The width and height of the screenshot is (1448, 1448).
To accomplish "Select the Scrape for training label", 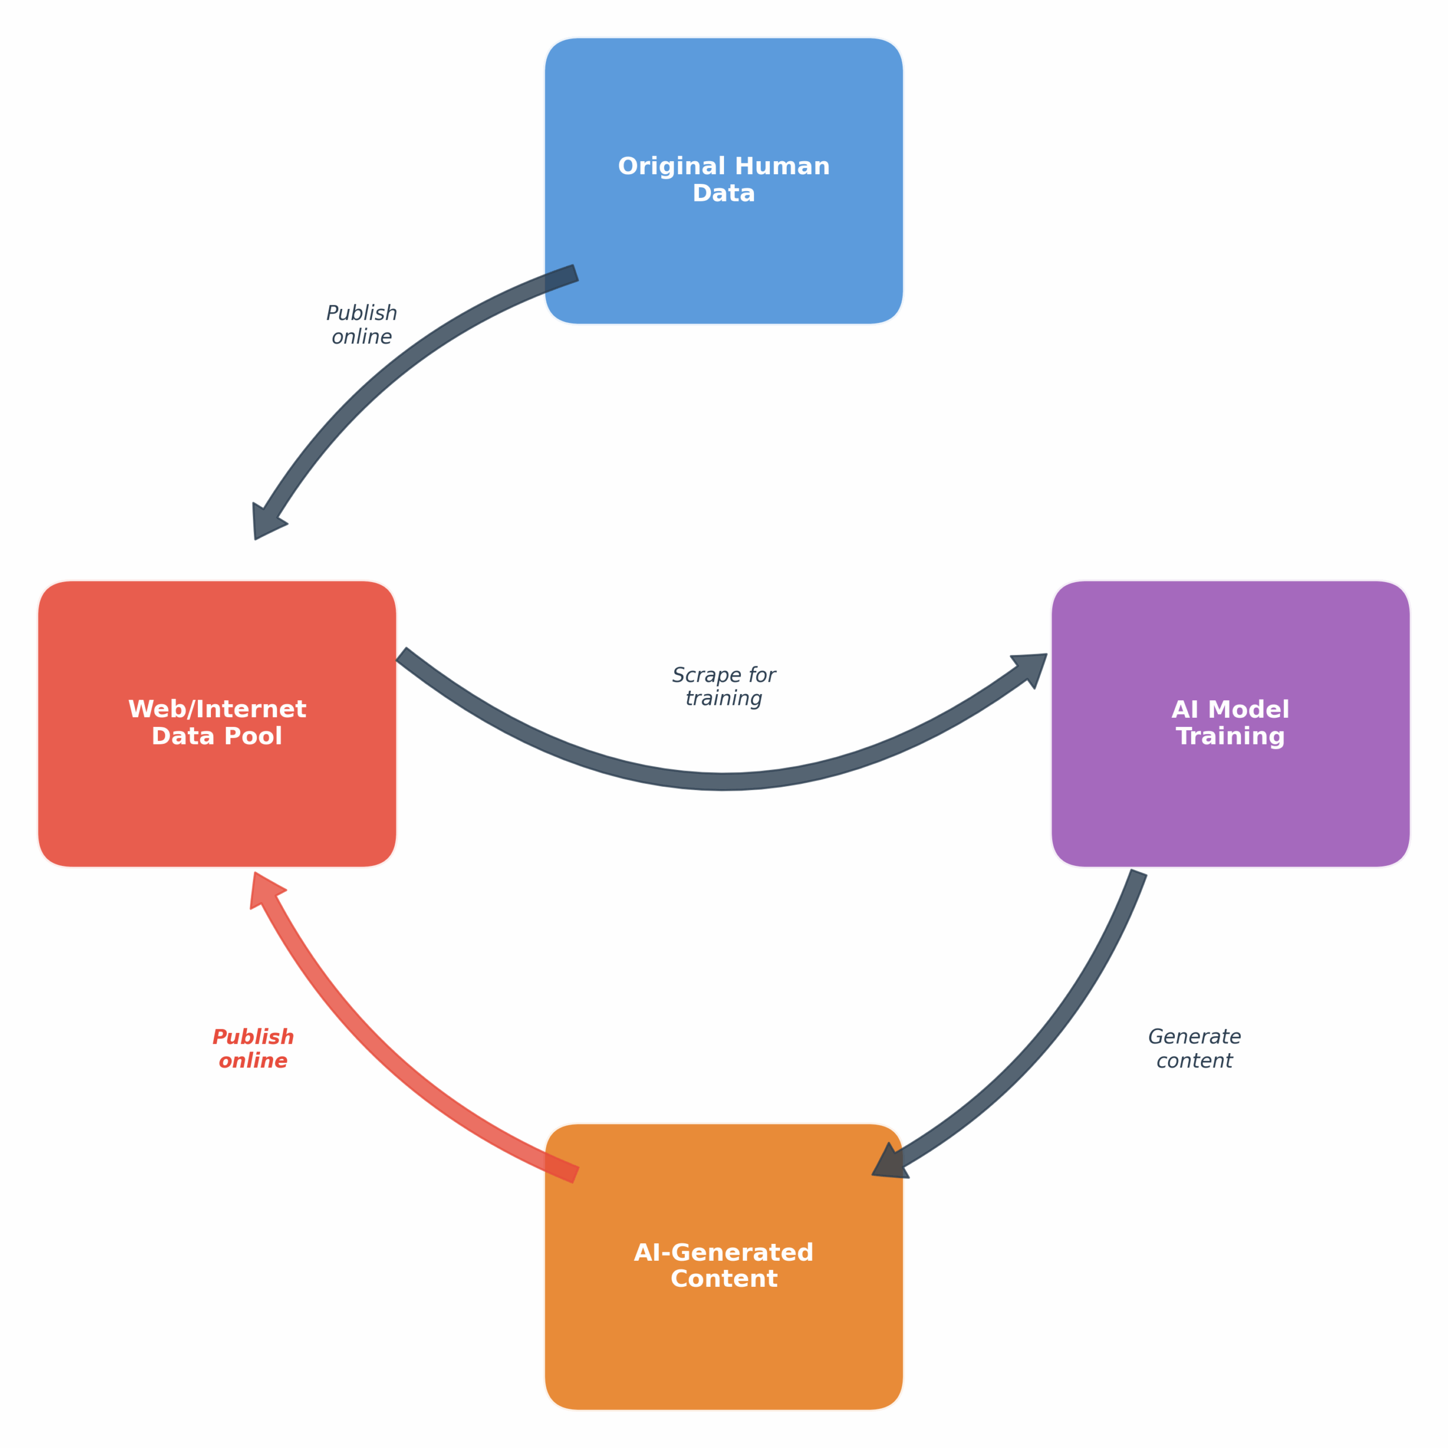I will pyautogui.click(x=723, y=687).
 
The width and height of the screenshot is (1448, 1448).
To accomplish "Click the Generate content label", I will pyautogui.click(x=1194, y=1049).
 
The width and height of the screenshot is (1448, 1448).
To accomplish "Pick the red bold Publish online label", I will pyautogui.click(x=253, y=1049).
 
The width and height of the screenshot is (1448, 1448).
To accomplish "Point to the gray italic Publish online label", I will pyautogui.click(x=361, y=325).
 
